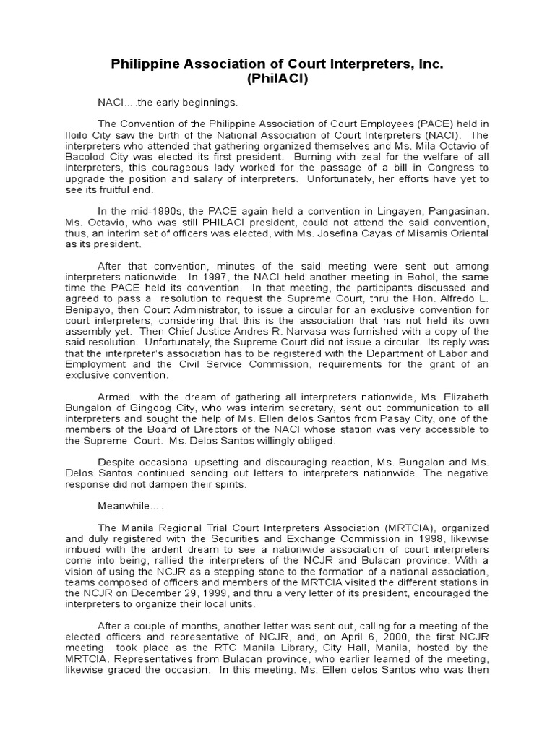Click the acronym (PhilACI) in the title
coord(277,79)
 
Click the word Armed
coord(113,397)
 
